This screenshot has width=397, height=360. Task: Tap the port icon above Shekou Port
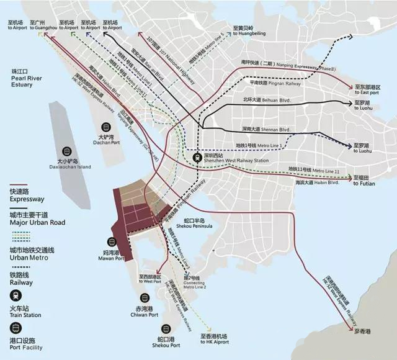pos(166,329)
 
